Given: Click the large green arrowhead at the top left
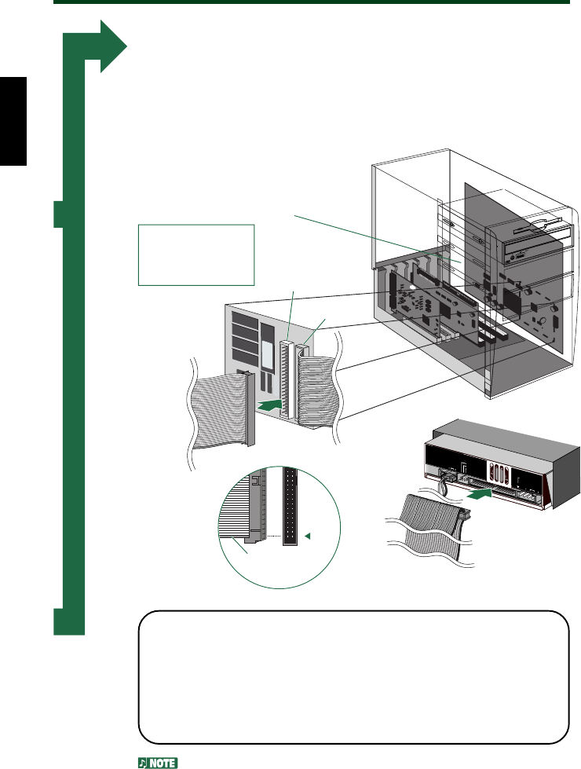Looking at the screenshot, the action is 111,48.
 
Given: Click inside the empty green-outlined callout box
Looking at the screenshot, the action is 196,254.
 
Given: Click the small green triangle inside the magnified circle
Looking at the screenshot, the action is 308,537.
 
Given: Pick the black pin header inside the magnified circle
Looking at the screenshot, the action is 290,507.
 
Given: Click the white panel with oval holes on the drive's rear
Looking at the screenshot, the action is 497,475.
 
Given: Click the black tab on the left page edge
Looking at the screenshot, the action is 13,121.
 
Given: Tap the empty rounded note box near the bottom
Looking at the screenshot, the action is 353,676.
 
